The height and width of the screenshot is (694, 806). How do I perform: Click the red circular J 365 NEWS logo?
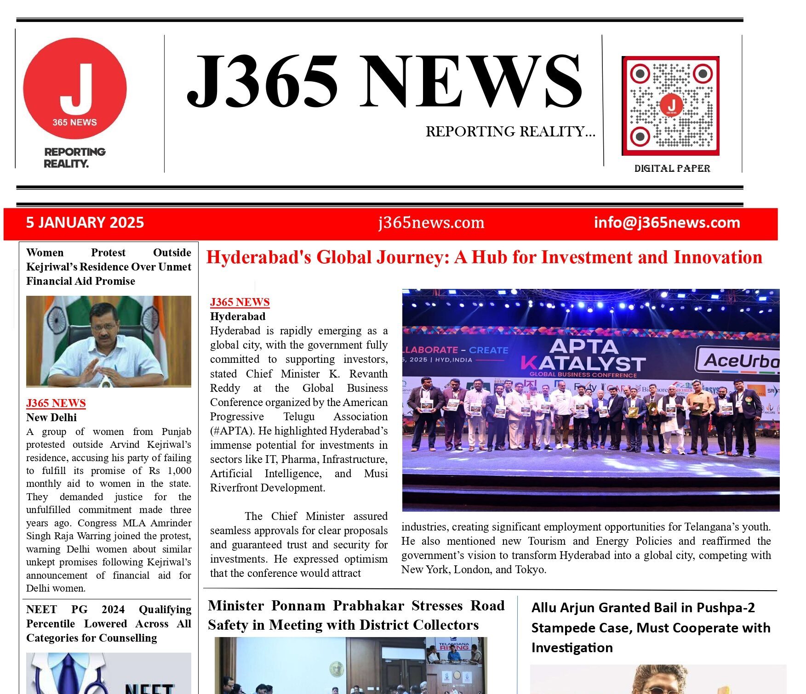click(75, 89)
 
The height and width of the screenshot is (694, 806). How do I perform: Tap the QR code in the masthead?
click(670, 106)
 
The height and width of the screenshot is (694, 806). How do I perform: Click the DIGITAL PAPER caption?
click(672, 169)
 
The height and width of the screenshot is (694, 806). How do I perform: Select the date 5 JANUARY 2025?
click(85, 223)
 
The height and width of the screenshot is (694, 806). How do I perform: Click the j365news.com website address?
click(431, 223)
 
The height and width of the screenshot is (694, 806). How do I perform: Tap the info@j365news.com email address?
click(667, 223)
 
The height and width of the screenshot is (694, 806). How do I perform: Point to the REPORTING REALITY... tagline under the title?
click(510, 132)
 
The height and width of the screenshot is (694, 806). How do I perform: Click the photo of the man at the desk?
click(109, 341)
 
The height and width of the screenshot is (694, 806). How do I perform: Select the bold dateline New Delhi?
click(51, 418)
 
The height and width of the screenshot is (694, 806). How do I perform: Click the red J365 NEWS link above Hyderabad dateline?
click(240, 302)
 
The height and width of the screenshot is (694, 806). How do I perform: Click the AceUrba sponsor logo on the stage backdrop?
click(738, 361)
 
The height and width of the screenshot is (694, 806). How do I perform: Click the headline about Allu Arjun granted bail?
click(650, 627)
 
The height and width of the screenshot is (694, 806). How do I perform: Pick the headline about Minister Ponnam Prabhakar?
click(356, 615)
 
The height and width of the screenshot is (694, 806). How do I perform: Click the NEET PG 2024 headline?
click(109, 623)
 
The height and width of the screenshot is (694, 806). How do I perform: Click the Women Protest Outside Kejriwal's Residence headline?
click(109, 267)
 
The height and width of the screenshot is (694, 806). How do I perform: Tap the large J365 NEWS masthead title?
click(384, 82)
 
